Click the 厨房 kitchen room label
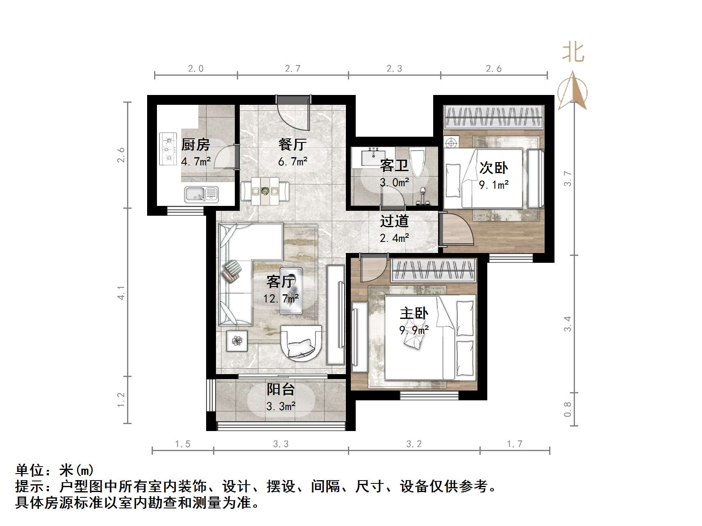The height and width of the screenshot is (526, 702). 195,144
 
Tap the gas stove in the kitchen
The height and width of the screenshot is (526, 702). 168,149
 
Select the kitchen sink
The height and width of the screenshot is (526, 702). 201,194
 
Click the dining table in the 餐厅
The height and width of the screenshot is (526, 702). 265,191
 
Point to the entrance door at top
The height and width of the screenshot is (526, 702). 293,99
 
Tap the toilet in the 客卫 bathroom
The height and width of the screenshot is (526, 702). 418,162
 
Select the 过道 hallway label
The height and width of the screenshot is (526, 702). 394,221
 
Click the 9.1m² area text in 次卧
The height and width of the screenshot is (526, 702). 494,185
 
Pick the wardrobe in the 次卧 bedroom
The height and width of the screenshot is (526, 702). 494,117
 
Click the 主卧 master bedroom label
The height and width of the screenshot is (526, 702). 414,314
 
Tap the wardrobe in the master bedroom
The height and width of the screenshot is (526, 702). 434,271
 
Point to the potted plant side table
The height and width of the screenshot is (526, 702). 237,341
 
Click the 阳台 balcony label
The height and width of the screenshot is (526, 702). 281,389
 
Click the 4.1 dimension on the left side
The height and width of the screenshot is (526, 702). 121,292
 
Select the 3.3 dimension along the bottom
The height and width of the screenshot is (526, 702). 281,444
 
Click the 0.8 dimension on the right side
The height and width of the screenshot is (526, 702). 568,409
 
